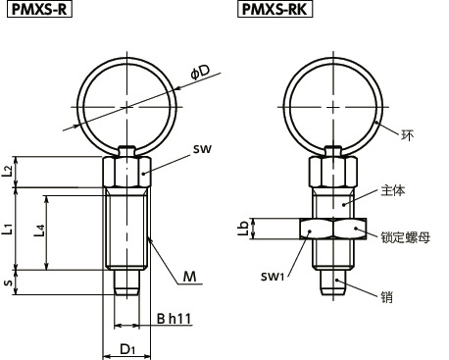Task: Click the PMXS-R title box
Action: pos(39,9)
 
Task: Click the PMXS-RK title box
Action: pos(274,9)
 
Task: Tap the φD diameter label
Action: pos(200,73)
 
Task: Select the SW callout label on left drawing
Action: pos(202,149)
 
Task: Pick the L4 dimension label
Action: pos(39,231)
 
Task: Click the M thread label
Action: pos(189,277)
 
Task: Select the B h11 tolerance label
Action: pos(174,319)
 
